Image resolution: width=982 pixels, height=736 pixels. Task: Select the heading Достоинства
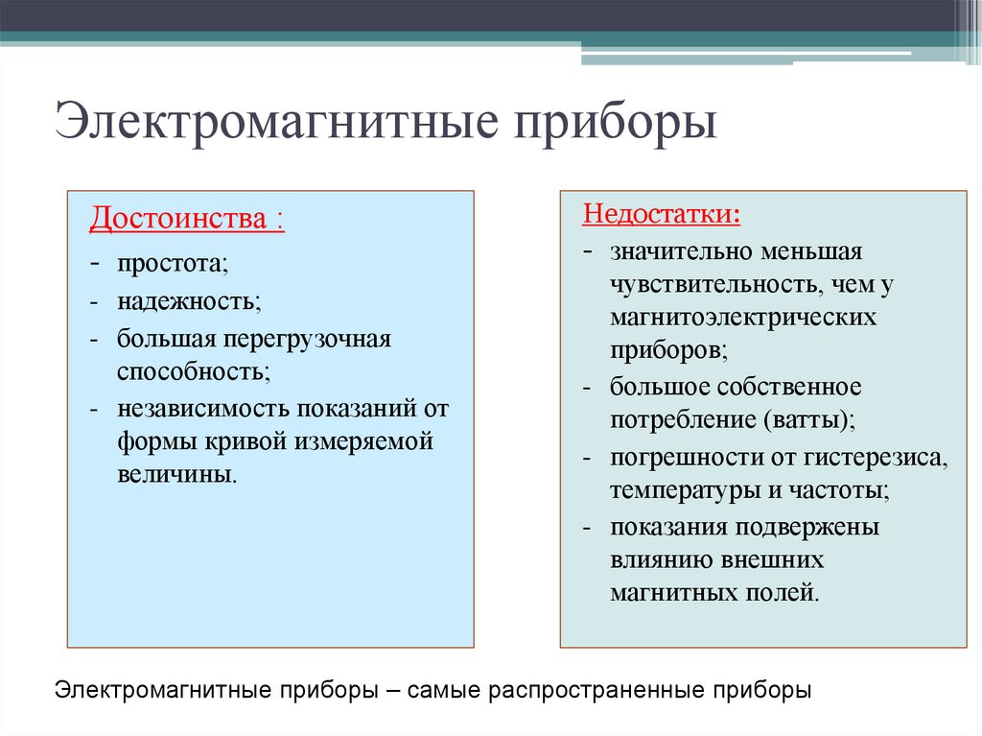point(178,220)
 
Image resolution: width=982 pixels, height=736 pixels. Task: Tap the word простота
point(173,263)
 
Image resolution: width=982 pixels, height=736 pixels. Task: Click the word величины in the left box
point(176,475)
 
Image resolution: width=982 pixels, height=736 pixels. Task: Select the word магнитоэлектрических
point(743,318)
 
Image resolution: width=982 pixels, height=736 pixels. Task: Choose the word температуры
point(685,490)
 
